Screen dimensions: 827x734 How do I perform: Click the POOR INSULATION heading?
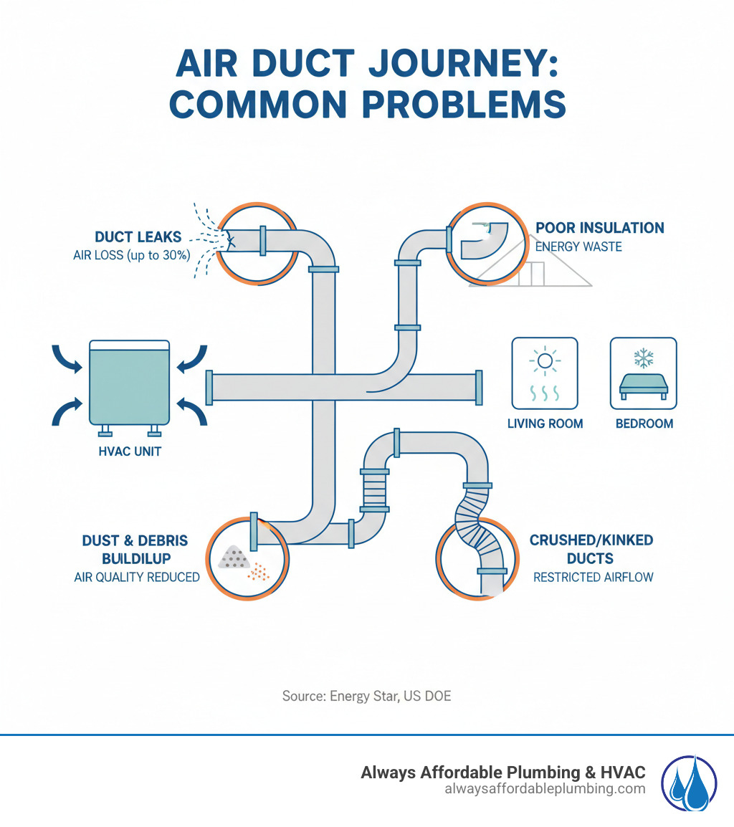click(600, 228)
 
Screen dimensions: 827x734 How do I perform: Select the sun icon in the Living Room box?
click(545, 362)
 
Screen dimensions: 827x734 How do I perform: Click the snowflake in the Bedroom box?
click(643, 358)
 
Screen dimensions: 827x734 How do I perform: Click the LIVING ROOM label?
click(545, 424)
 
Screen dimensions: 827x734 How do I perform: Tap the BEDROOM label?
click(644, 424)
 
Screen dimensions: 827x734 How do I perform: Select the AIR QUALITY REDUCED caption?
click(137, 577)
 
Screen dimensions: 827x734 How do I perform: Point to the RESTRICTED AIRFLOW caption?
click(593, 577)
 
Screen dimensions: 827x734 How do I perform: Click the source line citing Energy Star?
click(366, 695)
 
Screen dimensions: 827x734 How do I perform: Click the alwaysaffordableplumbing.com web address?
click(545, 789)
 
